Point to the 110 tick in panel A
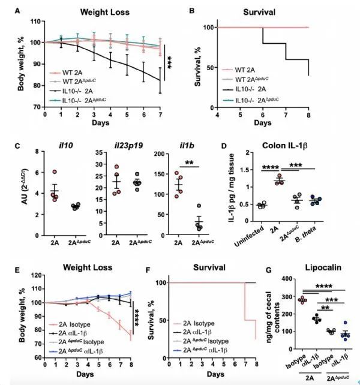click(x=36, y=22)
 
